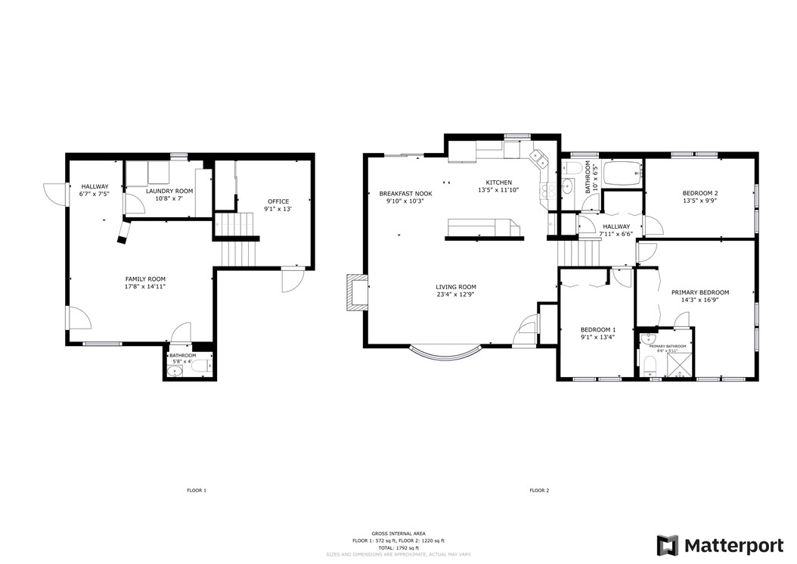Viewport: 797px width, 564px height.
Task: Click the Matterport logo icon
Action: coord(668,545)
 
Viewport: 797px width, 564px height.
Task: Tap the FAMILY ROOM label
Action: coord(145,279)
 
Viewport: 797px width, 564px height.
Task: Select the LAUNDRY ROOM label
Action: coord(174,191)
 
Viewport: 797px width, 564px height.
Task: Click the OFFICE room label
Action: coord(277,201)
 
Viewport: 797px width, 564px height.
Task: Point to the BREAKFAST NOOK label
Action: coord(405,194)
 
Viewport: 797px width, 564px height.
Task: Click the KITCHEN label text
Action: coord(499,182)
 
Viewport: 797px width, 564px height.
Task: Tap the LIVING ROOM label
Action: coord(456,287)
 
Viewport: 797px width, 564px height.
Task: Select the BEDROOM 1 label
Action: coord(598,329)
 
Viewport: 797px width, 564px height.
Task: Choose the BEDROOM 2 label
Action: coord(700,193)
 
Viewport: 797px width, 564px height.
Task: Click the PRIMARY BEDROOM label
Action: coord(700,292)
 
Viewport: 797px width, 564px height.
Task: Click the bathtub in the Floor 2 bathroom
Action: coord(622,174)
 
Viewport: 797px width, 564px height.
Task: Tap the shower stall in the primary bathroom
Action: coord(680,365)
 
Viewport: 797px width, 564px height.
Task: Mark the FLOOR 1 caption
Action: coord(197,491)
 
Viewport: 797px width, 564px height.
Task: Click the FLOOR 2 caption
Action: coord(539,491)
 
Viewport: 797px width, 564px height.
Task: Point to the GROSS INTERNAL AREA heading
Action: coord(398,534)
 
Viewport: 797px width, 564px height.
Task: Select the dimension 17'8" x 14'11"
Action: coord(145,287)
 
